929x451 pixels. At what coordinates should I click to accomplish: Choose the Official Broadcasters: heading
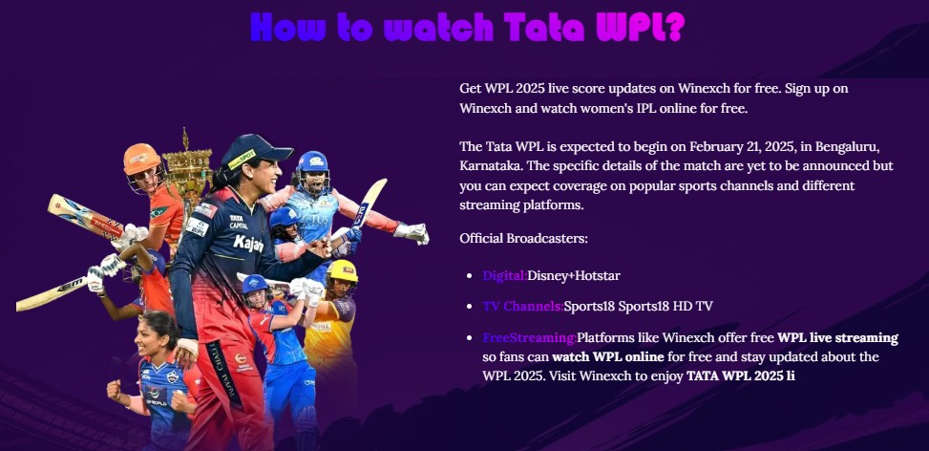coord(524,238)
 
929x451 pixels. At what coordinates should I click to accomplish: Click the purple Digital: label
coord(505,275)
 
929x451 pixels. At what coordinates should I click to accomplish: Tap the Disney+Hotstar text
coord(574,275)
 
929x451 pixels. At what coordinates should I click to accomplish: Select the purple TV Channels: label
coord(523,307)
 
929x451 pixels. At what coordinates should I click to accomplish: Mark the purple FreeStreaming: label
coord(530,338)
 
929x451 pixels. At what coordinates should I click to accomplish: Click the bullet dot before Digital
coord(469,276)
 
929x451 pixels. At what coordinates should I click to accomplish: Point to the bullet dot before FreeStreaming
coord(469,338)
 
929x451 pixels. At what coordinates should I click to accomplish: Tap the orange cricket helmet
coord(141,159)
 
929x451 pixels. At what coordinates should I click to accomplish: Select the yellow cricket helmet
coord(343,270)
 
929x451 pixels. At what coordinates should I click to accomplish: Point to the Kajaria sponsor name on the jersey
coord(248,243)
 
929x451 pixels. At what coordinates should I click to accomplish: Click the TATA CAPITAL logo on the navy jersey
coord(239,222)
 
